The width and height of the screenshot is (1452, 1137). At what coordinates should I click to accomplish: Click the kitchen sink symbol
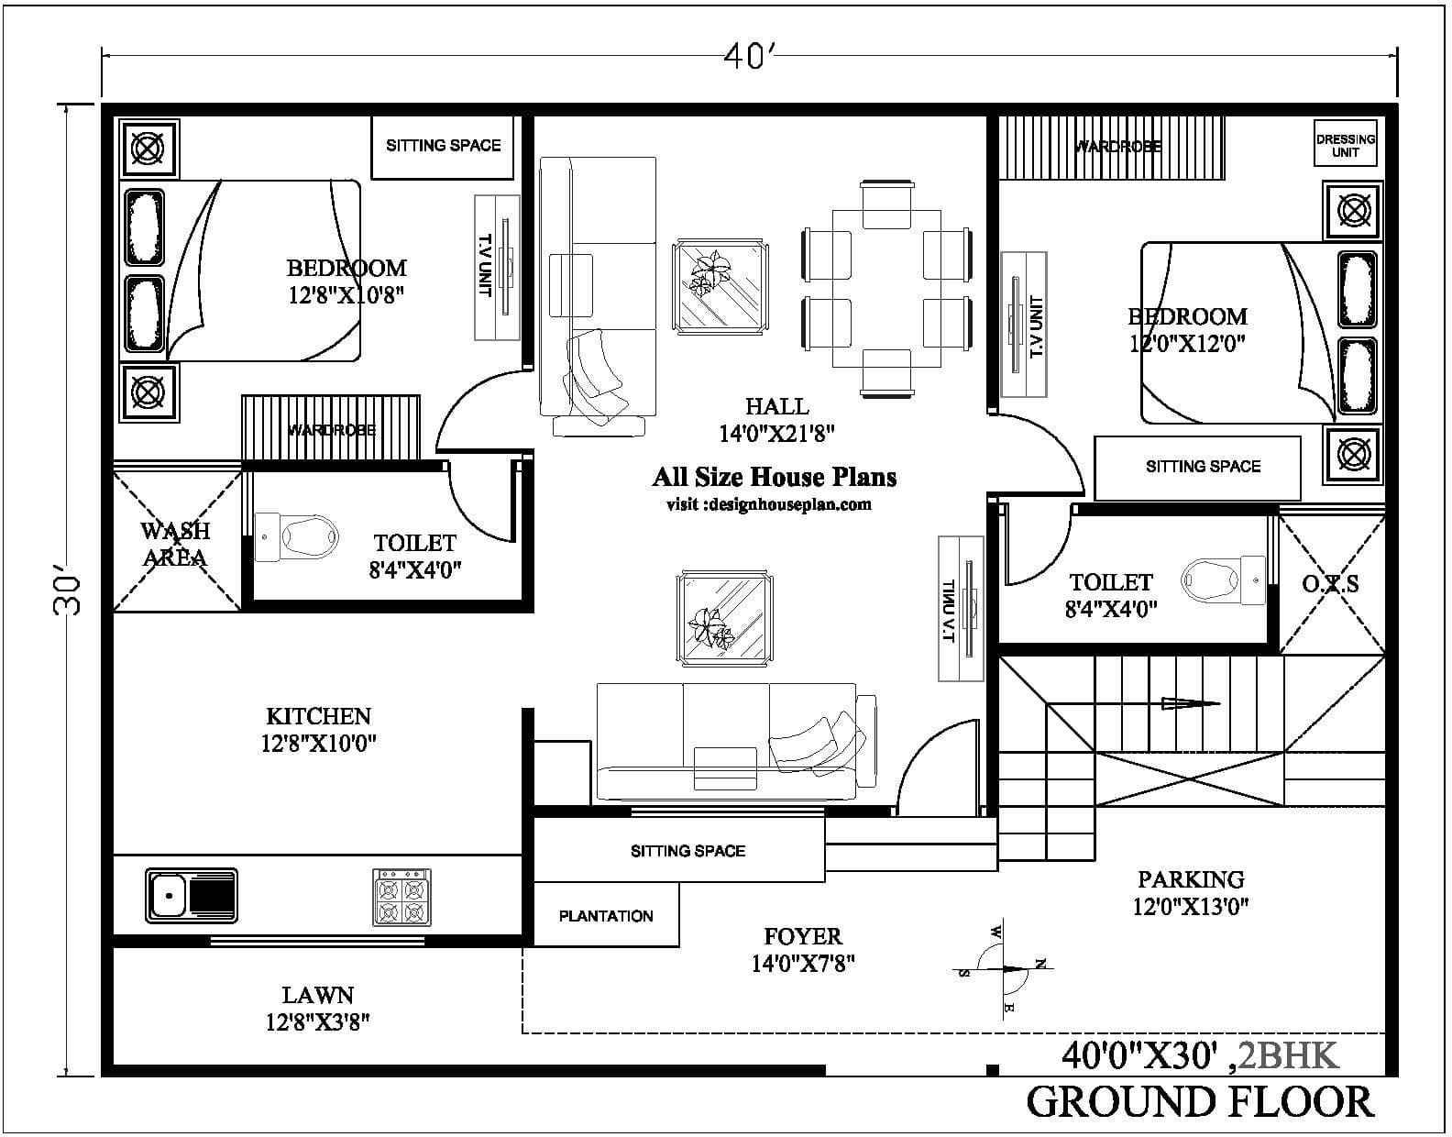(191, 895)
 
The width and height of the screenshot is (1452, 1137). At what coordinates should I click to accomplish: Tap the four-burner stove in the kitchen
(401, 897)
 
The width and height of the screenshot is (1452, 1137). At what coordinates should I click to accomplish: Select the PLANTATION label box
(606, 915)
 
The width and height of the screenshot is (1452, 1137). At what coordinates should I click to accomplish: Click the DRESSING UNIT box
(1346, 145)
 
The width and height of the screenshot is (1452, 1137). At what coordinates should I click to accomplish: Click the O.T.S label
(1330, 583)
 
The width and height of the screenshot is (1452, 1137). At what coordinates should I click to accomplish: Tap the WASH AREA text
(175, 544)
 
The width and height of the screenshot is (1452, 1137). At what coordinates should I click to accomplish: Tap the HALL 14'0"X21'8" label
(776, 420)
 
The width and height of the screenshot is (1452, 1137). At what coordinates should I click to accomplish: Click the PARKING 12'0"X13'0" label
(1191, 892)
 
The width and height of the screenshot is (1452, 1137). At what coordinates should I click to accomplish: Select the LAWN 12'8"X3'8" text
(317, 1008)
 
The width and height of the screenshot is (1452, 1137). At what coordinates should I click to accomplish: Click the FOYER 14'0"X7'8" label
(803, 949)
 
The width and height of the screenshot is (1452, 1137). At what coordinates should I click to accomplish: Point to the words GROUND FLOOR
(1200, 1101)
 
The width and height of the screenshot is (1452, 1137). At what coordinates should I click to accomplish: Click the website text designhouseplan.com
(768, 504)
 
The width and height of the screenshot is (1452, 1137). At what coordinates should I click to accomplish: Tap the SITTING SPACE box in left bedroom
(443, 145)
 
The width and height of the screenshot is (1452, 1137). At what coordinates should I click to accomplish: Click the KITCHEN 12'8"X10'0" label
(318, 729)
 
